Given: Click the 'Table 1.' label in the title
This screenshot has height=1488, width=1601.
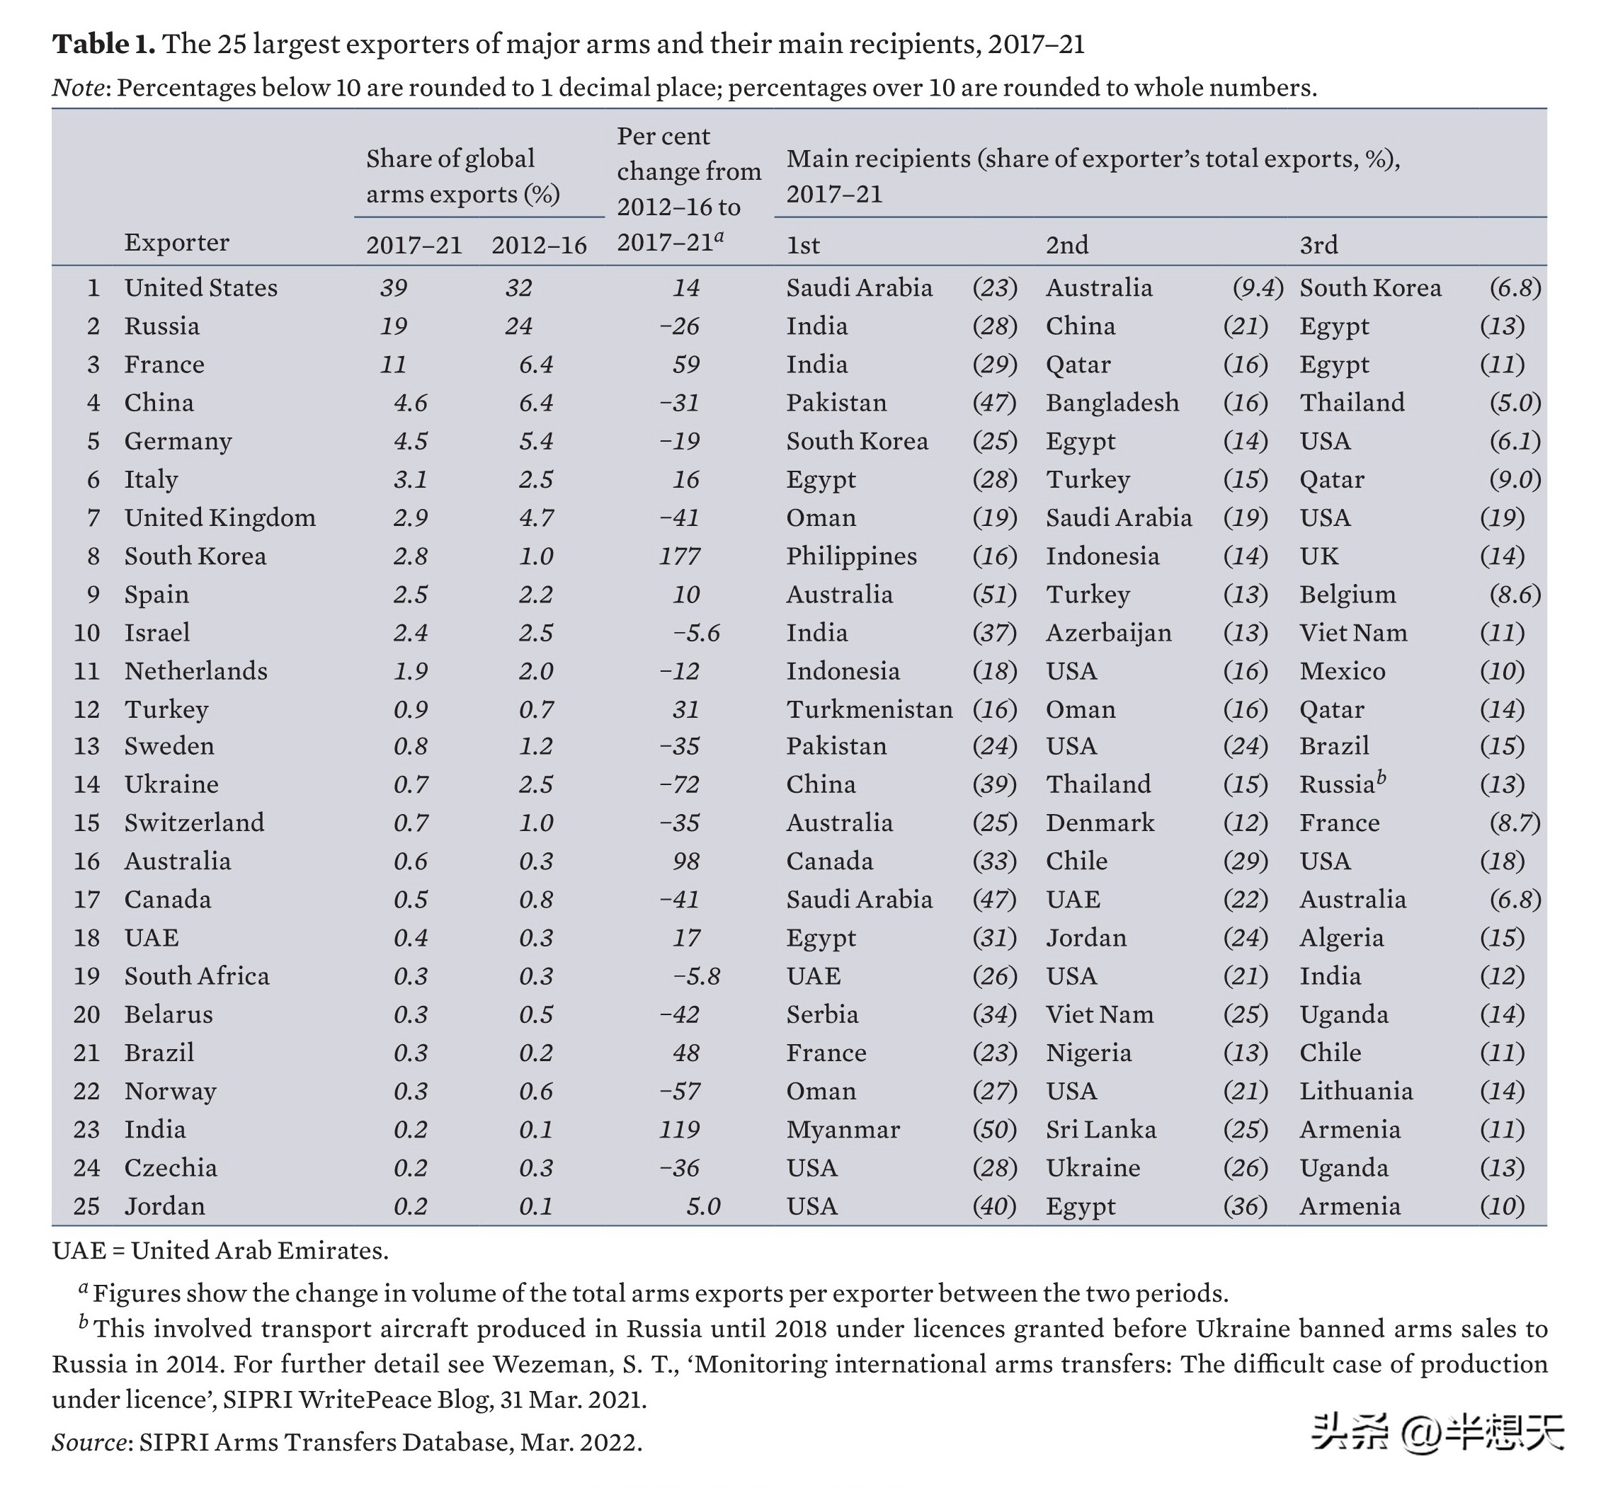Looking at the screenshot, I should click(104, 43).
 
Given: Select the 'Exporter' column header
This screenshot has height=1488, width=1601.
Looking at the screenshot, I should click(176, 242).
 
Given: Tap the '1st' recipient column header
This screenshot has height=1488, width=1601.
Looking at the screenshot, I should click(803, 245).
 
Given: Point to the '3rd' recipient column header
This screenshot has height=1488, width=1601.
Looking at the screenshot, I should click(1318, 245).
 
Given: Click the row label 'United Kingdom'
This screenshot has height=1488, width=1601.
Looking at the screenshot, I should click(220, 517).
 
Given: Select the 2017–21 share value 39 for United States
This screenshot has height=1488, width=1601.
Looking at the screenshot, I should click(394, 288).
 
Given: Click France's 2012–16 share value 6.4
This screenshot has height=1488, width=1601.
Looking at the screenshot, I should click(535, 365).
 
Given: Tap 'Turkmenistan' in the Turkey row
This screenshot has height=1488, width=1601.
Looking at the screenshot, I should click(870, 709).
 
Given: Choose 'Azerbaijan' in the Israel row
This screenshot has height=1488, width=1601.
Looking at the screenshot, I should click(1108, 633).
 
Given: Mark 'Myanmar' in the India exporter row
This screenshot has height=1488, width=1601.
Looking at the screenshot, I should click(843, 1130).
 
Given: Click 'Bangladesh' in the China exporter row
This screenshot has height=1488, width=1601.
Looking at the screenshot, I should click(1112, 403).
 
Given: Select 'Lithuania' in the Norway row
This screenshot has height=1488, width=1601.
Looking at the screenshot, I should click(1356, 1091).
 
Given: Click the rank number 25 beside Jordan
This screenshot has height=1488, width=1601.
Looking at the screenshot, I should click(87, 1206).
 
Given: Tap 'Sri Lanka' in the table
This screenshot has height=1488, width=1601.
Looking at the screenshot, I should click(1101, 1130).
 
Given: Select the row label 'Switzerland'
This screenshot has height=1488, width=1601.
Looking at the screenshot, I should click(194, 823).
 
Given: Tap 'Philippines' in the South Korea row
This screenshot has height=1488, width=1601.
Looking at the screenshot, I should click(851, 556).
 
